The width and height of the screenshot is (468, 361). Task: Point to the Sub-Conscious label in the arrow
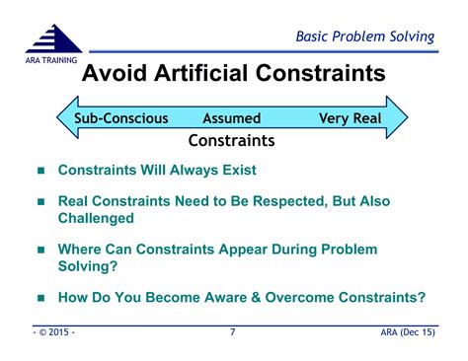tap(120, 118)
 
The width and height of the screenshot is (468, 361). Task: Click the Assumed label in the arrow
tap(230, 118)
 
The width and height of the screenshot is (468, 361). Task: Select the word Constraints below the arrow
tap(231, 140)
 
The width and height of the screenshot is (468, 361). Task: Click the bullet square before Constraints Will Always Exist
tap(40, 171)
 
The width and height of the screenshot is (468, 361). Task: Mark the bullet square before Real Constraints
tap(40, 202)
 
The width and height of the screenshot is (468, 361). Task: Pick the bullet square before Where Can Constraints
tap(40, 251)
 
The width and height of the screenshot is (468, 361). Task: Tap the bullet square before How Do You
tap(40, 298)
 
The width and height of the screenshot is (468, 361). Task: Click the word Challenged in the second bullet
tap(96, 218)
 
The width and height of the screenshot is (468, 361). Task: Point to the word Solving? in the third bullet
tap(88, 266)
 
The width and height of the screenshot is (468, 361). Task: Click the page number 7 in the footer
tap(233, 332)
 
